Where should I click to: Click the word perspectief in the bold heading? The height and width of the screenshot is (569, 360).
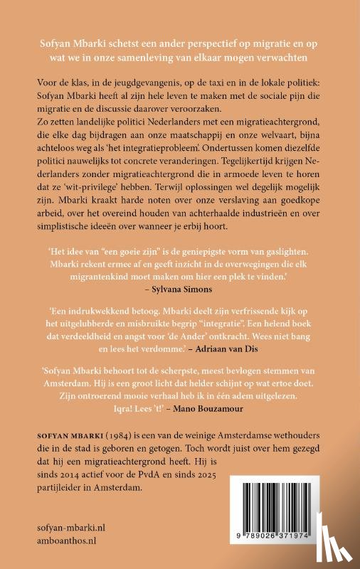197,43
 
